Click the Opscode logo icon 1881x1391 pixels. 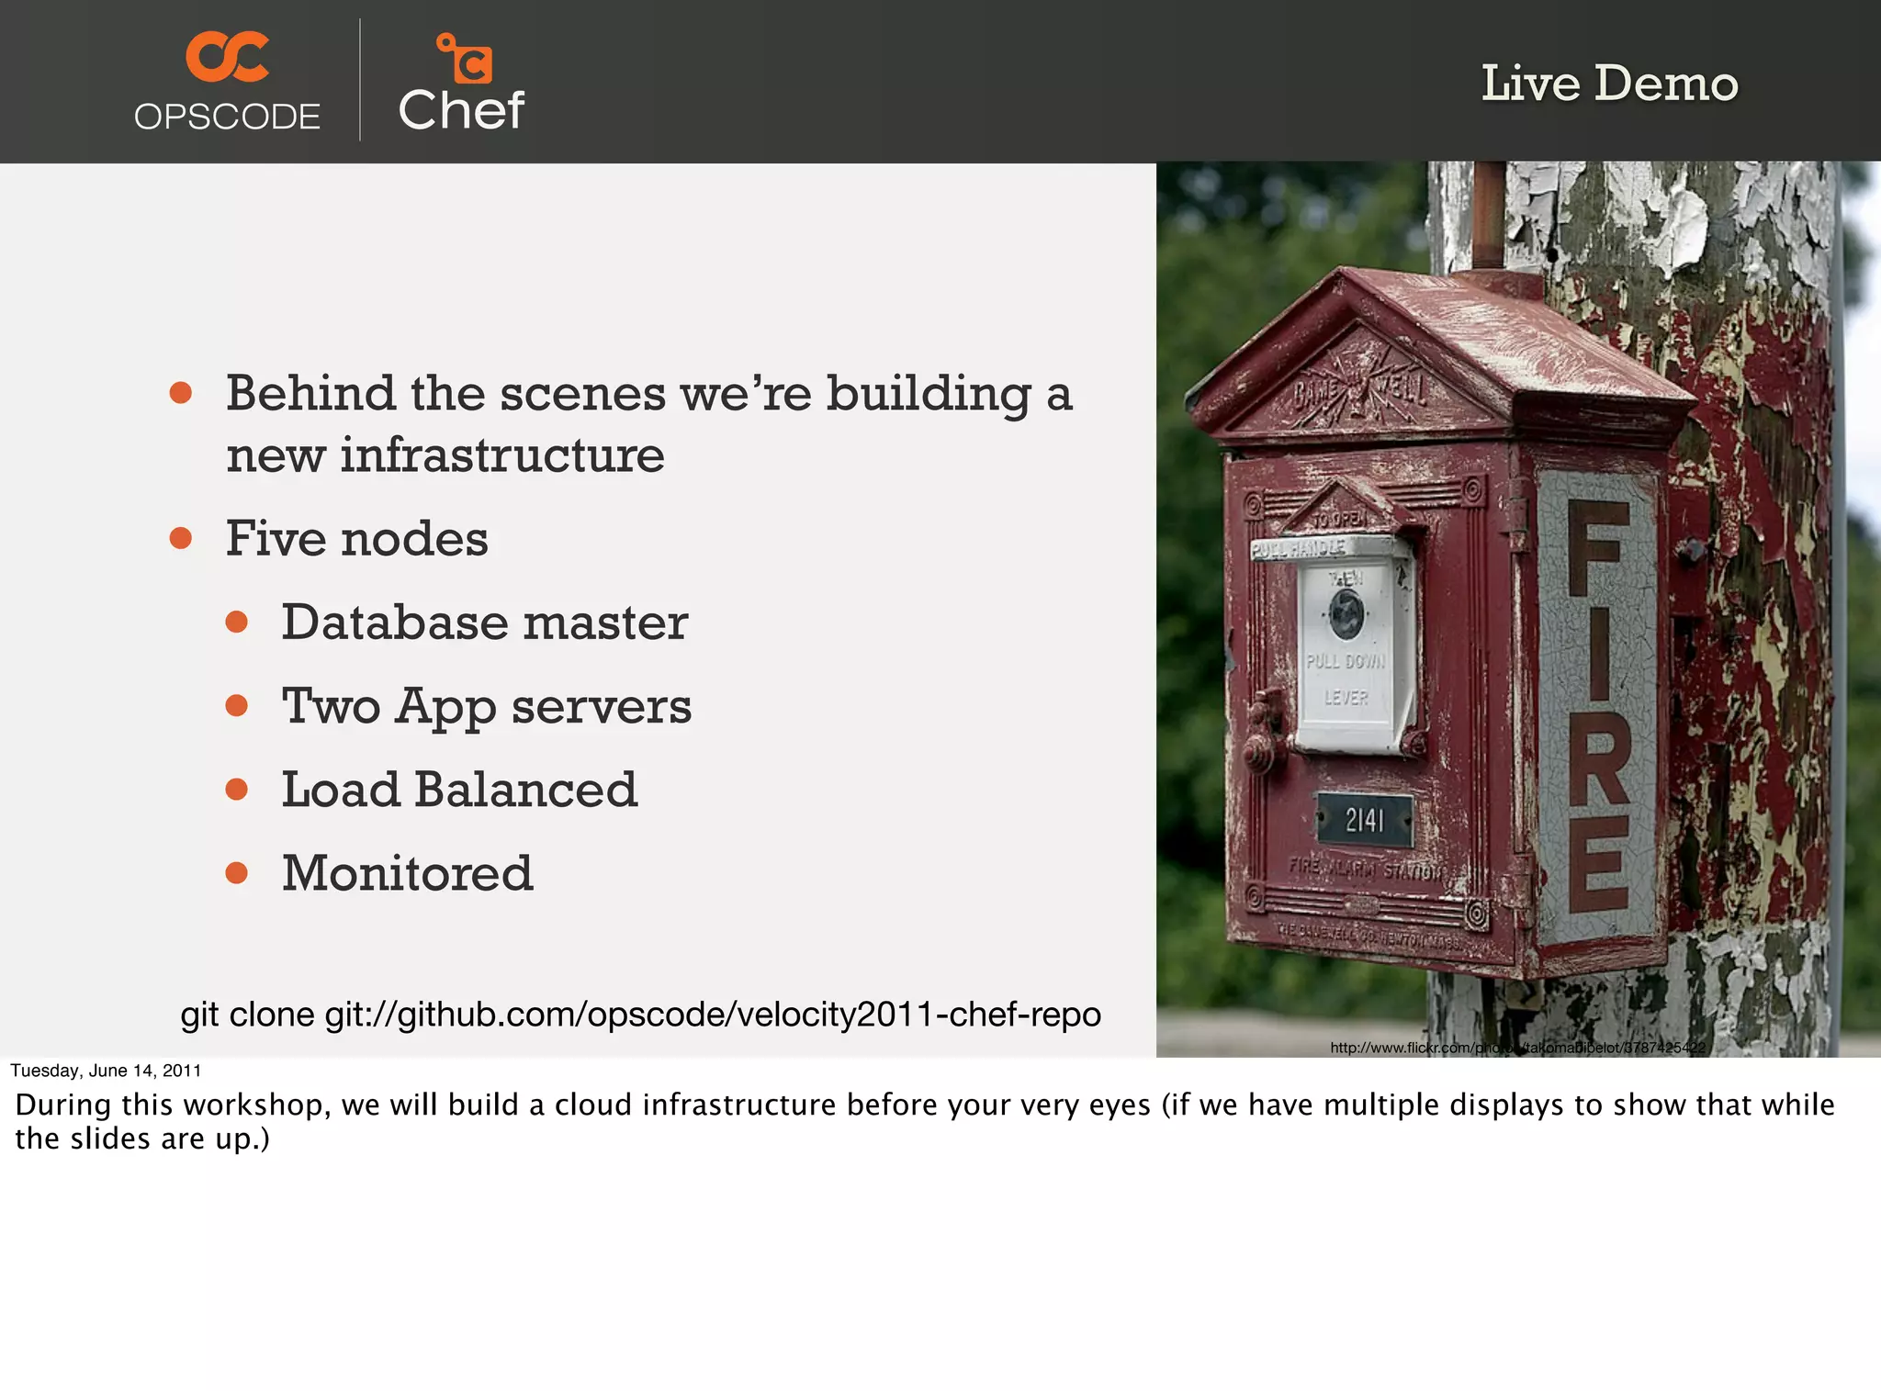(227, 57)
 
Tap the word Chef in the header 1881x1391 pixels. (461, 110)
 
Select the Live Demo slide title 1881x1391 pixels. (1609, 84)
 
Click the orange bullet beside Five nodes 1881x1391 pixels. (181, 538)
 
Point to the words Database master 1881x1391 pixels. (484, 623)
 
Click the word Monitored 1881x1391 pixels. (407, 873)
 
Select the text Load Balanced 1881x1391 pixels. (459, 790)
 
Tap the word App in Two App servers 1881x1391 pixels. (445, 707)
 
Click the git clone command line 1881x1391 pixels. (640, 1015)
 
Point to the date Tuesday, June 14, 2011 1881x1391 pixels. (106, 1071)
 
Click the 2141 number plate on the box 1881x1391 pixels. (1364, 820)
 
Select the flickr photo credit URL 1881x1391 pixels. (1517, 1048)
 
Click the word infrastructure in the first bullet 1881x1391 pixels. (501, 455)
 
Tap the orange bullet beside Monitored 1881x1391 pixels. (237, 873)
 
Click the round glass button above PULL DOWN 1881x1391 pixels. (1347, 613)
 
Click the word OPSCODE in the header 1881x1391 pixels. (227, 118)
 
